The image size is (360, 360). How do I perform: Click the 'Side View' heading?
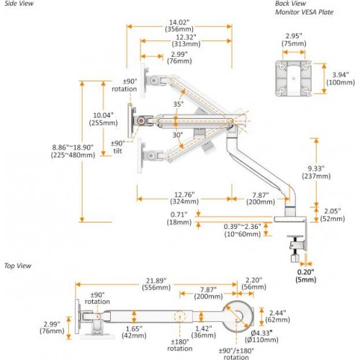(x=17, y=4)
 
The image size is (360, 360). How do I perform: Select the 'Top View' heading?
(x=16, y=265)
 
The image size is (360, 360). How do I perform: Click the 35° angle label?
(x=178, y=104)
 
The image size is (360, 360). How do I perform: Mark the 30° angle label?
(x=178, y=134)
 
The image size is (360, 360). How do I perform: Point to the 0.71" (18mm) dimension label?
(x=179, y=218)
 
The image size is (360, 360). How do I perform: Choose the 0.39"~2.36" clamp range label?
(x=242, y=230)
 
